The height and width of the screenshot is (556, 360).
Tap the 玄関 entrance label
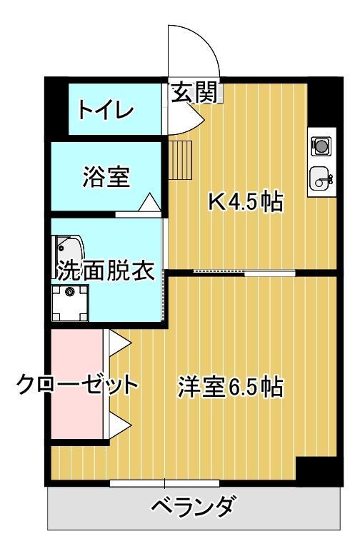194,93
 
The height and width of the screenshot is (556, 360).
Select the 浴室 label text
106,176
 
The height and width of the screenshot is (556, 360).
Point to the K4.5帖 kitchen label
245,203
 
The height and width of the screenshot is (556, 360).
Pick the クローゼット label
77,385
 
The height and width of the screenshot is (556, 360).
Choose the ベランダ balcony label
193,508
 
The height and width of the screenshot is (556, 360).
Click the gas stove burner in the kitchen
321,146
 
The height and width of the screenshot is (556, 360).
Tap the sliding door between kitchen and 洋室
243,272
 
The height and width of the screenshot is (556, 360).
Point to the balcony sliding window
165,484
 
